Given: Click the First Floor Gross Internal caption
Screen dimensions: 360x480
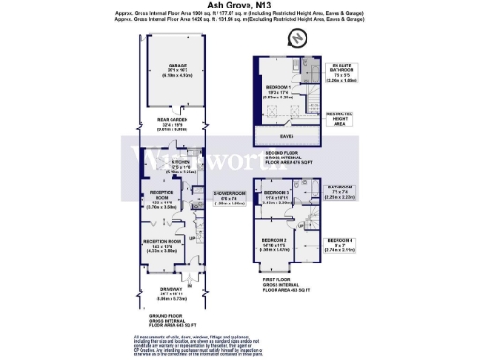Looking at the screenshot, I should (x=286, y=281).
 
